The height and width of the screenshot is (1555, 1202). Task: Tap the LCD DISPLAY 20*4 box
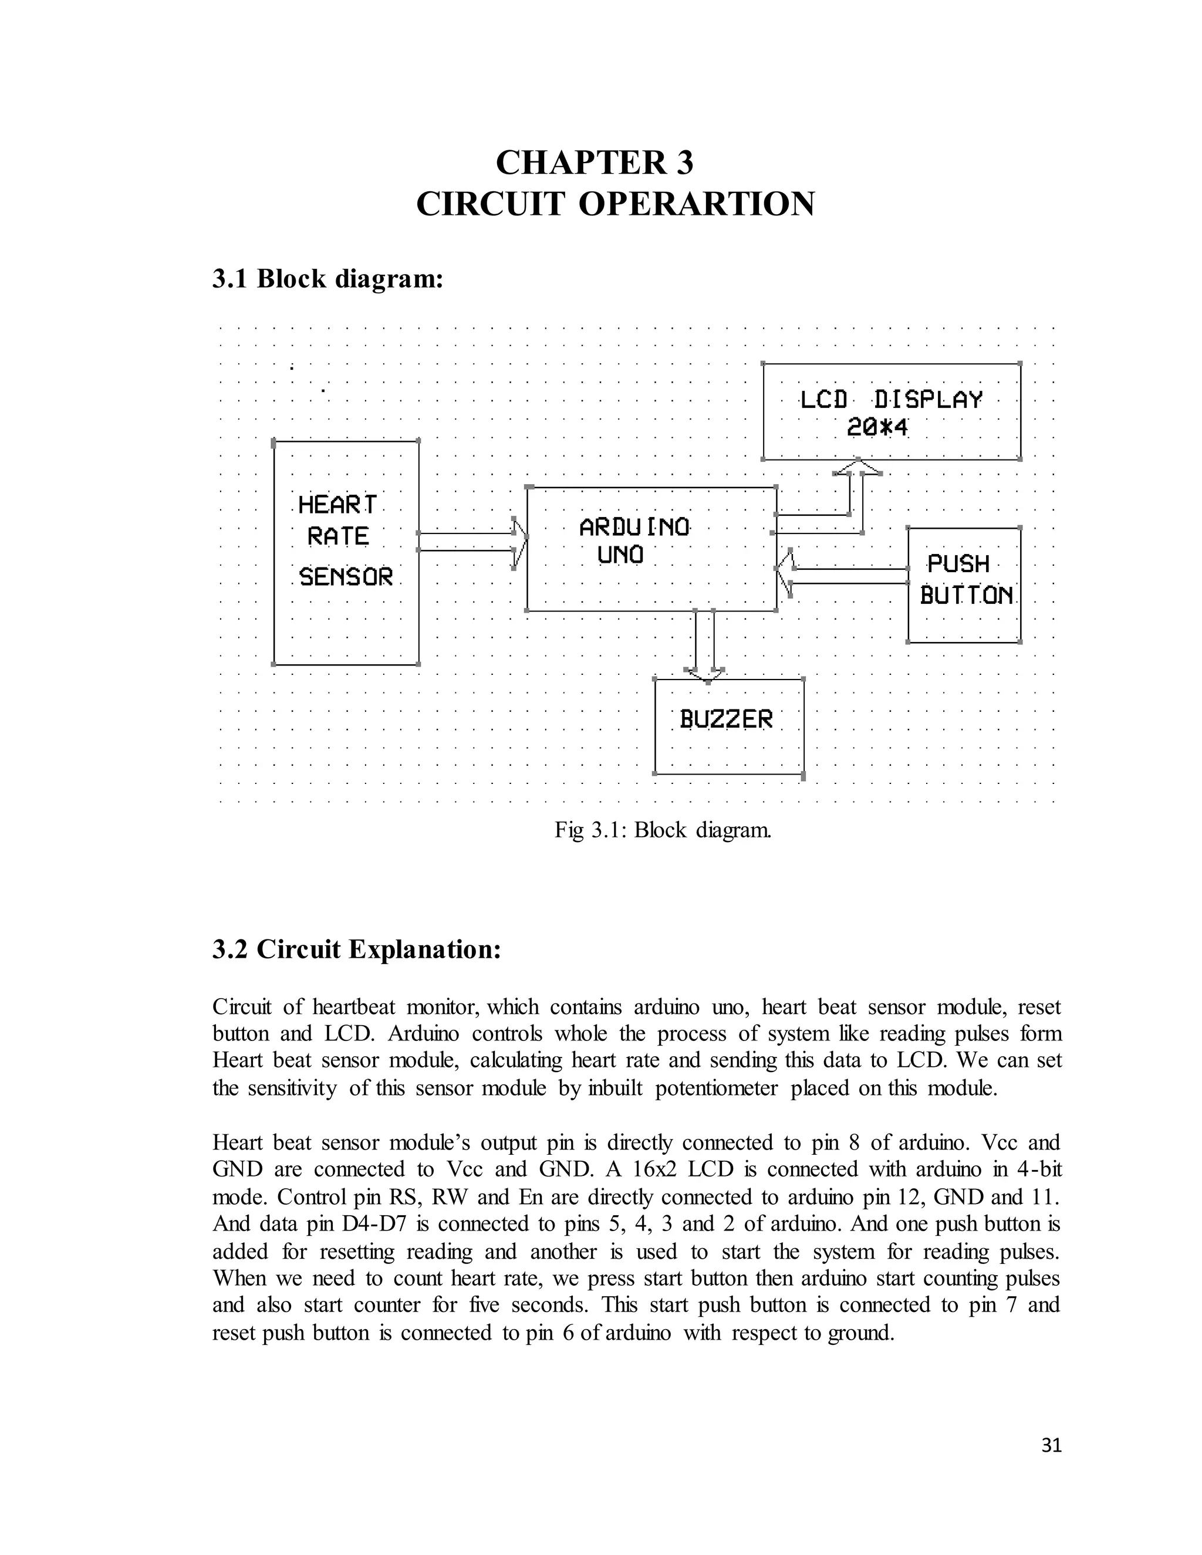coord(891,411)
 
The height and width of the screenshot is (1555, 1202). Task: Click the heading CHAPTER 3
coord(594,163)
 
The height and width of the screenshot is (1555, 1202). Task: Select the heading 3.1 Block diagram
coord(327,278)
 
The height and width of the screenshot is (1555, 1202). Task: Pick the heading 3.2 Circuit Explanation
coord(357,949)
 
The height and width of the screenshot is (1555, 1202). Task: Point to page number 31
coord(1051,1445)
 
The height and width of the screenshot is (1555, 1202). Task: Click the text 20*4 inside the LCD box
coord(877,428)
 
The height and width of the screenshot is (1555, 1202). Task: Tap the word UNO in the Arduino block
coord(620,555)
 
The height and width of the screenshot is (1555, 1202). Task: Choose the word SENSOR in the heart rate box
coord(346,576)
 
